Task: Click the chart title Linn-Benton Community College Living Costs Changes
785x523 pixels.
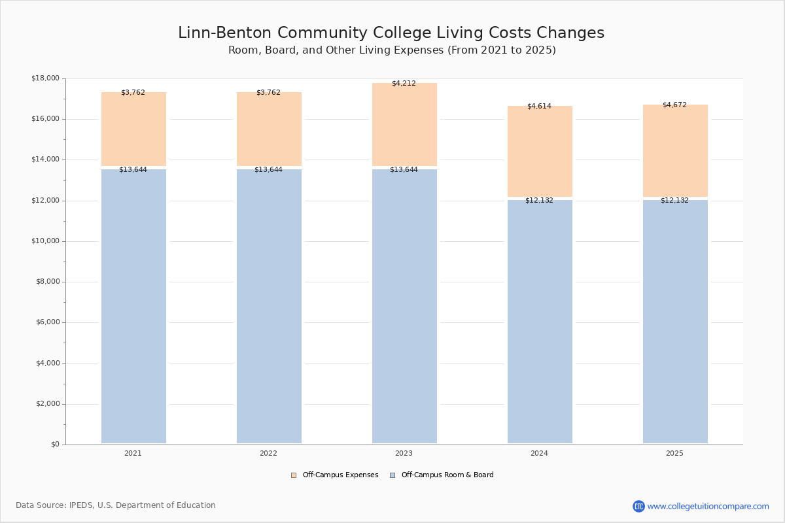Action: coord(391,33)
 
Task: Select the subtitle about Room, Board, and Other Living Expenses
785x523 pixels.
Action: coord(392,50)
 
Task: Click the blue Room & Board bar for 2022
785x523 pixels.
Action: coord(269,307)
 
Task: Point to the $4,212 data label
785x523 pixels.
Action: coord(404,84)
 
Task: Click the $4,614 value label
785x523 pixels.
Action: coord(539,106)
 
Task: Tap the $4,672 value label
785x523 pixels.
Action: coord(674,105)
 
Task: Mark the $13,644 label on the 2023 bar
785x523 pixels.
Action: coord(404,170)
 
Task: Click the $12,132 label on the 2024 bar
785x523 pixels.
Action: coord(539,201)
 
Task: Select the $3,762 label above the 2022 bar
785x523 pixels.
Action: coord(268,93)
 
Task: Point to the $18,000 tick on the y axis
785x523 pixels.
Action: coord(45,78)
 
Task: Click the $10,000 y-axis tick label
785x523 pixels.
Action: coord(45,241)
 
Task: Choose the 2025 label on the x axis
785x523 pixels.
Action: coord(674,454)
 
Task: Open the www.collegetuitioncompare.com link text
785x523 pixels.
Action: coord(708,506)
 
